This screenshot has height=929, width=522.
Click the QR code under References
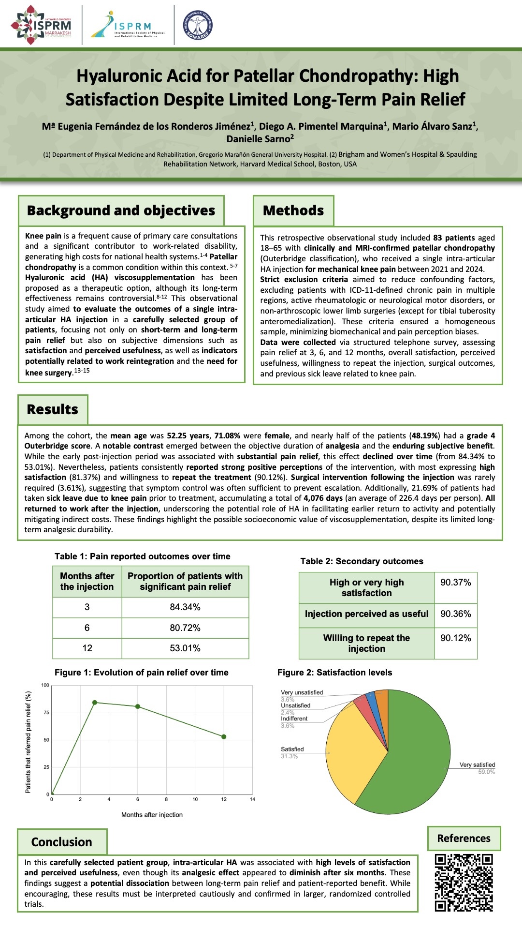pyautogui.click(x=464, y=883)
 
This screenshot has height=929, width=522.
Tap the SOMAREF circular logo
pyautogui.click(x=198, y=25)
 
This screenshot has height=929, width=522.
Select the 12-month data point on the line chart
pyautogui.click(x=224, y=737)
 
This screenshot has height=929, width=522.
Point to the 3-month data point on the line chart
pyautogui.click(x=95, y=703)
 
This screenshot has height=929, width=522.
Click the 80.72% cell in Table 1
pyautogui.click(x=185, y=628)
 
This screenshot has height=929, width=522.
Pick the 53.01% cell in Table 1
pyautogui.click(x=185, y=648)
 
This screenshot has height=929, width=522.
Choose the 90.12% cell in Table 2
pyautogui.click(x=455, y=638)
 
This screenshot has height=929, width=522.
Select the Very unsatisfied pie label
pyautogui.click(x=302, y=693)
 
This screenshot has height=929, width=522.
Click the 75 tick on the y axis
pyautogui.click(x=46, y=713)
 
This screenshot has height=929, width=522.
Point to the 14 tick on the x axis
pyautogui.click(x=252, y=799)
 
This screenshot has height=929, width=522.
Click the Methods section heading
pyautogui.click(x=293, y=211)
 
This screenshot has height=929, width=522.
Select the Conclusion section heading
pyautogui.click(x=62, y=842)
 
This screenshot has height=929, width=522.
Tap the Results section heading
pyautogui.click(x=53, y=410)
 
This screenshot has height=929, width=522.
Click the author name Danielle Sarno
pyautogui.click(x=260, y=139)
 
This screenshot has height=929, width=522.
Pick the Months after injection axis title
pyautogui.click(x=152, y=815)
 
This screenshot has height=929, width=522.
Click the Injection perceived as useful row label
pyautogui.click(x=366, y=614)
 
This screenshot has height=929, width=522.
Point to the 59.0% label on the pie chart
pyautogui.click(x=486, y=772)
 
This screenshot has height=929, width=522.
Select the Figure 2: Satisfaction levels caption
pyautogui.click(x=334, y=673)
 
